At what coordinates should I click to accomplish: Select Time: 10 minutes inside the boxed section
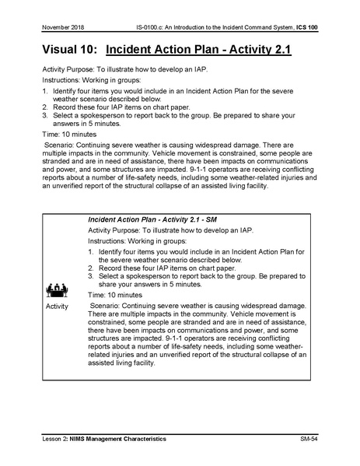coord(115,296)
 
